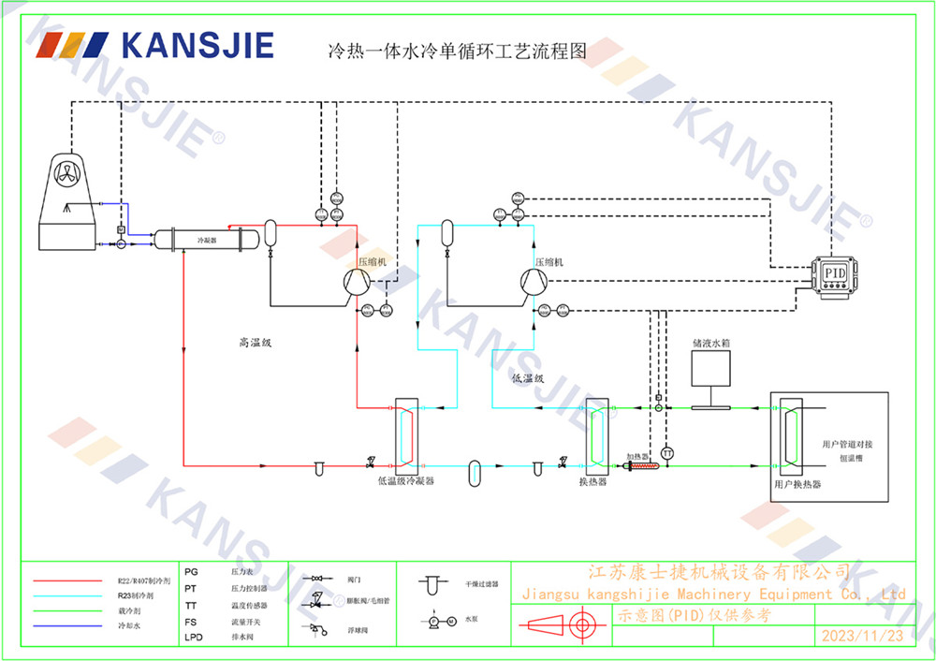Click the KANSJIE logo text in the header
(x=196, y=45)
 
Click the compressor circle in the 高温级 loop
(x=356, y=282)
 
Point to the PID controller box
(x=833, y=272)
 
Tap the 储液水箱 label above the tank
(x=710, y=344)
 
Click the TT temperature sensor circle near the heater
(x=667, y=453)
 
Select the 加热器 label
(x=636, y=455)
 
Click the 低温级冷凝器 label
(x=405, y=480)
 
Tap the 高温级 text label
(x=255, y=344)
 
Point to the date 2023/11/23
(x=862, y=635)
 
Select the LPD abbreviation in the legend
(x=193, y=638)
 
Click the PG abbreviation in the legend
(x=191, y=570)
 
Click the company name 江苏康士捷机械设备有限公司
(x=718, y=571)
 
